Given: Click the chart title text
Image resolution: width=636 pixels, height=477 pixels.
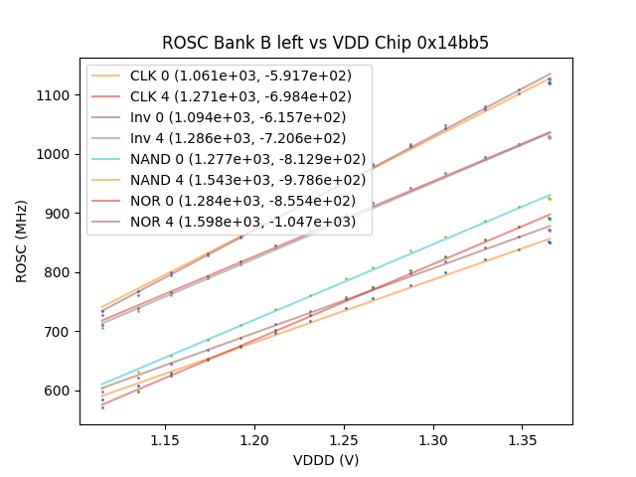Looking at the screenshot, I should point(326,43).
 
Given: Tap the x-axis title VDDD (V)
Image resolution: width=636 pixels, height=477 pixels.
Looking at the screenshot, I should point(326,460).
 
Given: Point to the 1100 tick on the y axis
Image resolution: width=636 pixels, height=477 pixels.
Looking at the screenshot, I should point(55,95).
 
